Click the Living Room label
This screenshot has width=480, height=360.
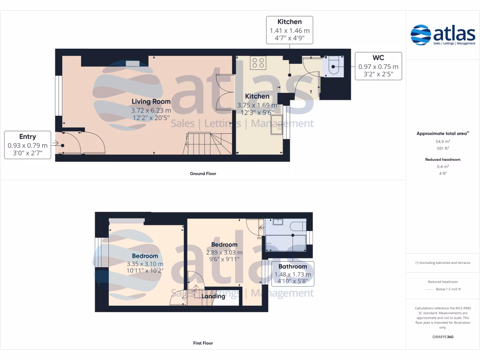click(151, 101)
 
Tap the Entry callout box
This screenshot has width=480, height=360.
click(28, 145)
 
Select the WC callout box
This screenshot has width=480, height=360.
click(378, 66)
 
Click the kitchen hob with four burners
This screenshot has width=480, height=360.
click(258, 62)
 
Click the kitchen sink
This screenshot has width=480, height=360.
click(277, 124)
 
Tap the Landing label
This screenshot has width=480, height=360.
click(213, 296)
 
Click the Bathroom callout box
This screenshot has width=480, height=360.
click(293, 274)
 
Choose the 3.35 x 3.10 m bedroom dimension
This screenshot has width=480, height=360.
click(145, 263)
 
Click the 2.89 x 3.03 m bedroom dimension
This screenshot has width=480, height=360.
click(225, 252)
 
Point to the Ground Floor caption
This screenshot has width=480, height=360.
click(202, 173)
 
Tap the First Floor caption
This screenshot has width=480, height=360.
click(203, 343)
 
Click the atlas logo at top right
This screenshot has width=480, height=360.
click(442, 35)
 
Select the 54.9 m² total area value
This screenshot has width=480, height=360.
click(442, 141)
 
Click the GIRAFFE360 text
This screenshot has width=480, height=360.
click(442, 337)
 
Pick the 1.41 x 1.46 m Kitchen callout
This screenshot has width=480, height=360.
click(289, 30)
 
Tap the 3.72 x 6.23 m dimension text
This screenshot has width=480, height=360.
click(151, 110)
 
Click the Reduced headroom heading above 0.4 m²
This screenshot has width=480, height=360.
click(442, 159)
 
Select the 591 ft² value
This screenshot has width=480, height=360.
click(442, 148)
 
